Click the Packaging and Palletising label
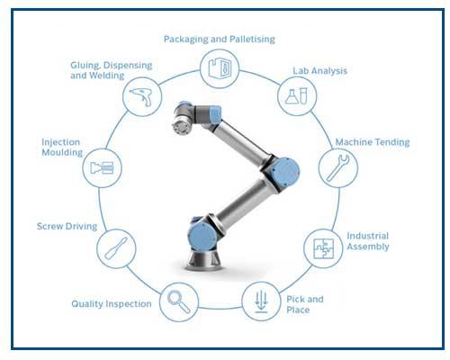(220, 40)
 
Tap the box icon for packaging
(220, 68)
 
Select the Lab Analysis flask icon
(296, 96)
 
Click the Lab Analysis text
(319, 71)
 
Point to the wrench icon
(337, 168)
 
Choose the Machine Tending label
(373, 142)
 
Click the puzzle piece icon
(323, 248)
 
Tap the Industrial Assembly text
(368, 241)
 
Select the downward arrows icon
(261, 301)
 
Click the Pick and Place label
(305, 304)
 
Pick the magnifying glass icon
(179, 302)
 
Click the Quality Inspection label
(112, 304)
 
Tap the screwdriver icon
(116, 248)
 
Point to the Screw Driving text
(67, 226)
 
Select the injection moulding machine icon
(102, 168)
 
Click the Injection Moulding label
(62, 147)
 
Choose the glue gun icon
(141, 96)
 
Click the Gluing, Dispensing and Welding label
(112, 70)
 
